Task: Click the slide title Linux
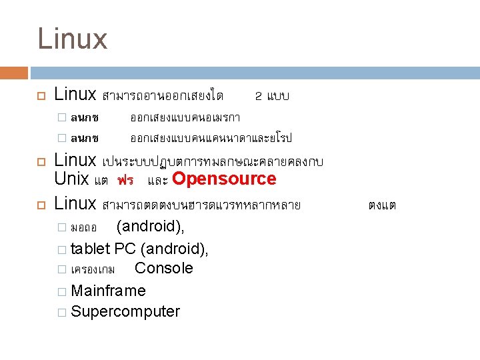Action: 72,39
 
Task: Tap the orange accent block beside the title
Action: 14,73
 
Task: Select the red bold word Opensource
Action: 224,179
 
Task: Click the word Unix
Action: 71,179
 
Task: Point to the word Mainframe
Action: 108,291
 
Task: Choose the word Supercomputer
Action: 125,311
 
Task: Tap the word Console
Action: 163,268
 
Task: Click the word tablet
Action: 91,249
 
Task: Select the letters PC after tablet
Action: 125,249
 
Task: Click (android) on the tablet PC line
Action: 175,249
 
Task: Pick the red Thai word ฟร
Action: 125,180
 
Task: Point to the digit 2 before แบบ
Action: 259,96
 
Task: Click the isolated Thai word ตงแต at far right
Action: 382,205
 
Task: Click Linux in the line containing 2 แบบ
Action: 75,95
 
